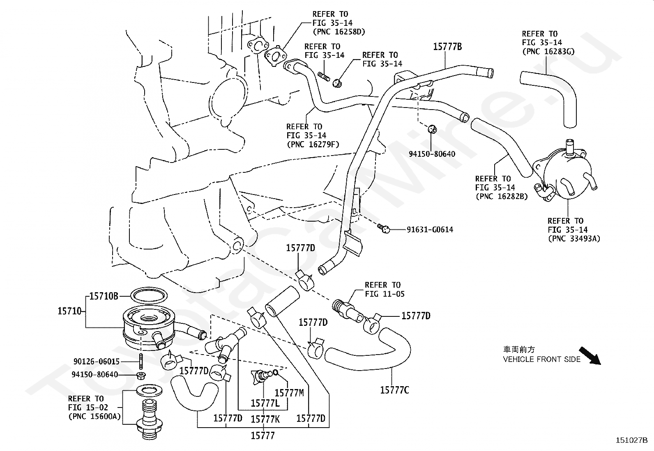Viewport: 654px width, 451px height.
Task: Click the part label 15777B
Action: [447, 47]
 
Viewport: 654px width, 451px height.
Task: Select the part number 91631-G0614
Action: [430, 230]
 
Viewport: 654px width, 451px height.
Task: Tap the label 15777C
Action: [394, 390]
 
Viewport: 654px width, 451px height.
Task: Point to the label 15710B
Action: [104, 296]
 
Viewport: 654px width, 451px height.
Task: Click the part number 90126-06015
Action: [97, 362]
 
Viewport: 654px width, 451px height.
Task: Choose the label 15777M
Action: [289, 393]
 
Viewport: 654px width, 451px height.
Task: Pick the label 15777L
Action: [265, 403]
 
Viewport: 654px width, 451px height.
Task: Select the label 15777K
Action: [265, 419]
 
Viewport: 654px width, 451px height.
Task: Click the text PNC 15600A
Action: [94, 416]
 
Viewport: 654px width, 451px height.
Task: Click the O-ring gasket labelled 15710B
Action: [149, 295]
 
